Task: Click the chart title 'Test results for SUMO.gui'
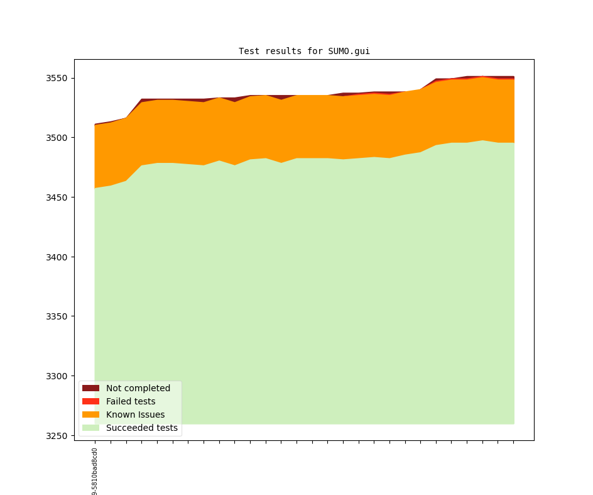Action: [304, 51]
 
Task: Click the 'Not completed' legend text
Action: [138, 388]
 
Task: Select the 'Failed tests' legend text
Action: [131, 401]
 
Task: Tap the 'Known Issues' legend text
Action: [135, 414]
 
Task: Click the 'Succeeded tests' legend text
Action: [142, 428]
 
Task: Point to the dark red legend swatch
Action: [90, 388]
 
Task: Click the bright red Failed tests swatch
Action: [90, 401]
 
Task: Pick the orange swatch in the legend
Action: [90, 414]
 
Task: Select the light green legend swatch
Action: [90, 428]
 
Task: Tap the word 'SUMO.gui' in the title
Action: [349, 51]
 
